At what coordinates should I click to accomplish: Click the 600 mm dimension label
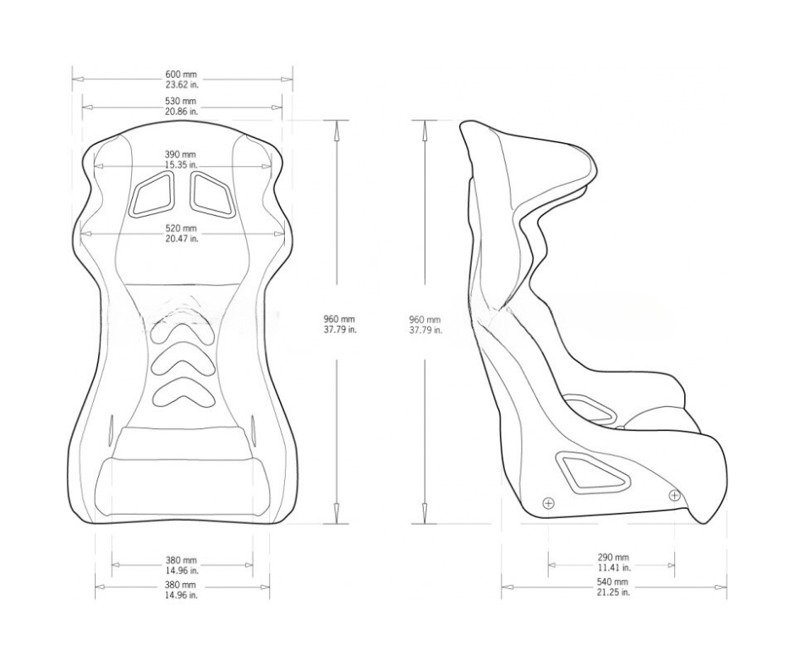(182, 74)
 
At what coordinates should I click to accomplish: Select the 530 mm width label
(182, 102)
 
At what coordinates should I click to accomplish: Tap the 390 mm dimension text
(180, 154)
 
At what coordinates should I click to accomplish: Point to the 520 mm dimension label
(182, 229)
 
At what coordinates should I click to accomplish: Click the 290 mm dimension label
(613, 557)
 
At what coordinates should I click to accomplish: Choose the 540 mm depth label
(612, 582)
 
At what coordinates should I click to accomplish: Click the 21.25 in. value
(613, 592)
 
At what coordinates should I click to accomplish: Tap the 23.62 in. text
(182, 85)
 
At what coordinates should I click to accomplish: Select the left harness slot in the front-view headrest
(152, 195)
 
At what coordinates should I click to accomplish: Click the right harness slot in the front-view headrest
(212, 195)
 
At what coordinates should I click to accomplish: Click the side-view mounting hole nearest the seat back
(549, 503)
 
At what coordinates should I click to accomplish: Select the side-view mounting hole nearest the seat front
(674, 494)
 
